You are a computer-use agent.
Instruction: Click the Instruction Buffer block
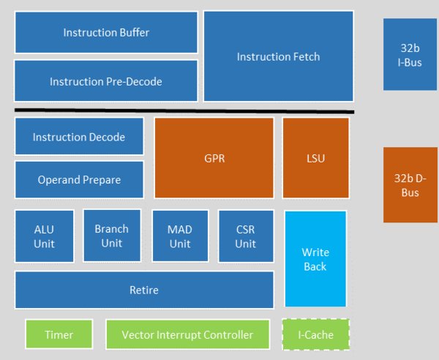pyautogui.click(x=106, y=32)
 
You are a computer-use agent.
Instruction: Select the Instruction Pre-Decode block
pyautogui.click(x=106, y=81)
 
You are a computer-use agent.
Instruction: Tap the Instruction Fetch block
pyautogui.click(x=279, y=56)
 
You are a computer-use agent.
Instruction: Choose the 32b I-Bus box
pyautogui.click(x=405, y=55)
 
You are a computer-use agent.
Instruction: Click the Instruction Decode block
pyautogui.click(x=79, y=137)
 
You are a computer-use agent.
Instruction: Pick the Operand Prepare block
pyautogui.click(x=79, y=180)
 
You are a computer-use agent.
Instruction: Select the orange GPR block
pyautogui.click(x=214, y=157)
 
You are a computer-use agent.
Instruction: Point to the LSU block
pyautogui.click(x=315, y=157)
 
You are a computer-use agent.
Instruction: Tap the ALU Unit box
pyautogui.click(x=44, y=236)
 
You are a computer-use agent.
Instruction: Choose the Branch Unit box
pyautogui.click(x=112, y=236)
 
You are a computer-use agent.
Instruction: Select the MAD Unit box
pyautogui.click(x=180, y=236)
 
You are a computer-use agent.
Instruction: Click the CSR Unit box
pyautogui.click(x=246, y=236)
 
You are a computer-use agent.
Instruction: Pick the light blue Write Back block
pyautogui.click(x=315, y=259)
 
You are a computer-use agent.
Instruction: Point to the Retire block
pyautogui.click(x=144, y=290)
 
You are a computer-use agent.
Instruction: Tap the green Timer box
pyautogui.click(x=59, y=334)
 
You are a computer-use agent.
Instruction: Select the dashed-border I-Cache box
pyautogui.click(x=316, y=334)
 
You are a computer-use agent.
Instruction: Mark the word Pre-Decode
pyautogui.click(x=135, y=82)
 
